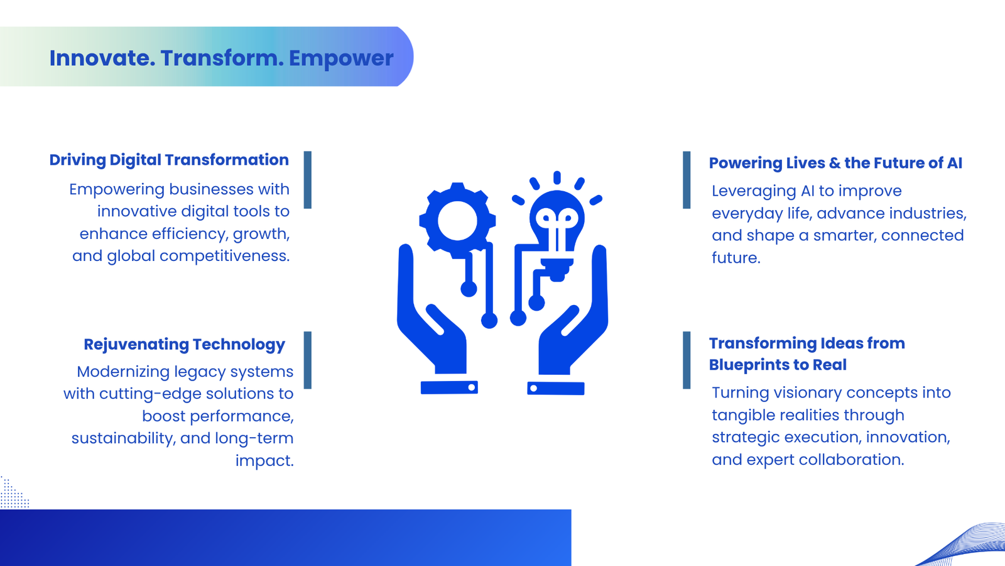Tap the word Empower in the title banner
(x=341, y=58)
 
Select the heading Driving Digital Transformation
(x=169, y=160)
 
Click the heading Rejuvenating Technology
(x=184, y=345)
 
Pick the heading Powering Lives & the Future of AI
(x=835, y=163)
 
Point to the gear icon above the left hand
(x=457, y=220)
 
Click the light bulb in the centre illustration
(x=557, y=227)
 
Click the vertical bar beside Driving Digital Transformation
(x=307, y=180)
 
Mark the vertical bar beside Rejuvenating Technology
(x=307, y=360)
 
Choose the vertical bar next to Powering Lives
(x=687, y=180)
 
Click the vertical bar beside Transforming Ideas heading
(x=687, y=360)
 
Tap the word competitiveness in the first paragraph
(x=225, y=256)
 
